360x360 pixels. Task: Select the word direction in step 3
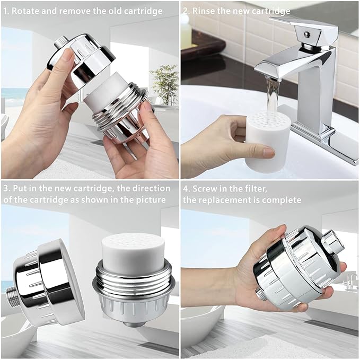point(144,188)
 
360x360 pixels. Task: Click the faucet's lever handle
point(305,32)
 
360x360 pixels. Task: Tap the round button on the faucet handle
point(307,34)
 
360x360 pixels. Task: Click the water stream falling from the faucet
point(272,99)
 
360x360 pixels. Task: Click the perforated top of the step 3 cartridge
point(133,241)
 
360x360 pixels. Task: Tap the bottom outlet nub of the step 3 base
point(134,324)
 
